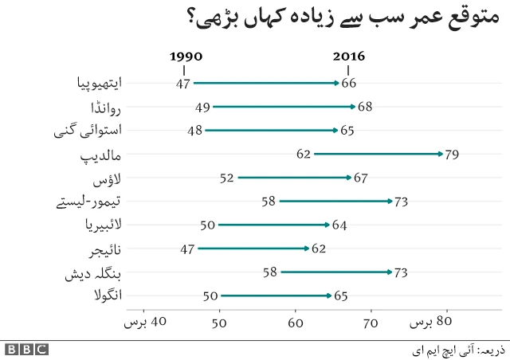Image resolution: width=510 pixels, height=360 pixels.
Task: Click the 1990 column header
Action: pyautogui.click(x=186, y=57)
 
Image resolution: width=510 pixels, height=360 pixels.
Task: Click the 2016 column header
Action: pyautogui.click(x=348, y=57)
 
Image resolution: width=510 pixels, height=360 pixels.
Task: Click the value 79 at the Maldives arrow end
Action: pyautogui.click(x=452, y=155)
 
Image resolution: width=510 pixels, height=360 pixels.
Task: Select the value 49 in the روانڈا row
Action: pyautogui.click(x=202, y=107)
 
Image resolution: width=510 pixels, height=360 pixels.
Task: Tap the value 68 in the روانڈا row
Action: pyautogui.click(x=365, y=107)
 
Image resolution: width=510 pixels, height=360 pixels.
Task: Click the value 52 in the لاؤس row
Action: pyautogui.click(x=226, y=178)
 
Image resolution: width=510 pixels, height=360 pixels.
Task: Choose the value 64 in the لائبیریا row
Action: pyautogui.click(x=339, y=225)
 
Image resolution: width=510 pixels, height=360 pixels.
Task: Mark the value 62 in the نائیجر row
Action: pyautogui.click(x=320, y=249)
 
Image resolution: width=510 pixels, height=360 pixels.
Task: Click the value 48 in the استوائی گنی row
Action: pyautogui.click(x=194, y=131)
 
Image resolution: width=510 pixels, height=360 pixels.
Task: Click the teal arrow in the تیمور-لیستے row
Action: pyautogui.click(x=335, y=202)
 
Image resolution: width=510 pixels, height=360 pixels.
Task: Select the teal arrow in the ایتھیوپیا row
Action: pyautogui.click(x=266, y=83)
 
